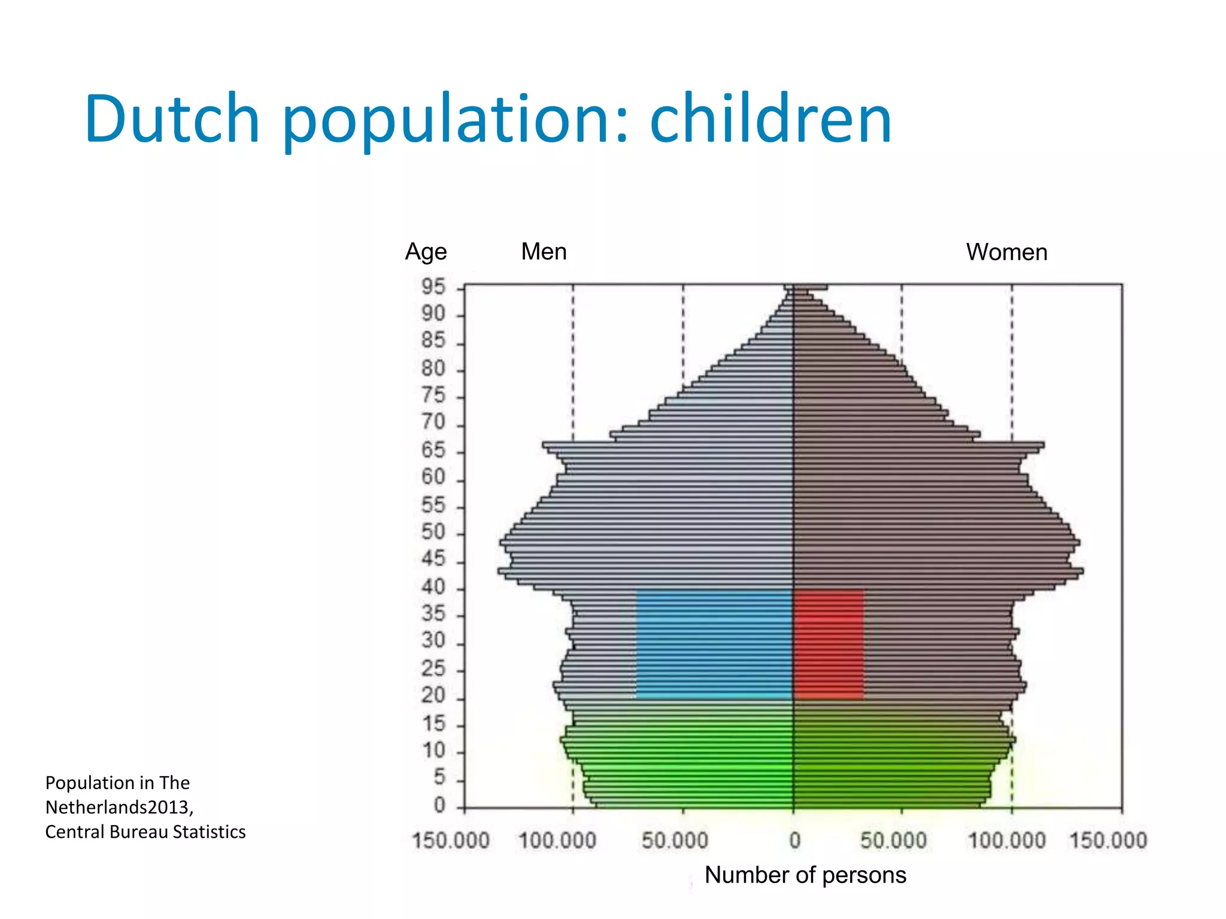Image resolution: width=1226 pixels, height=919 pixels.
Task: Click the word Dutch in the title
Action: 172,119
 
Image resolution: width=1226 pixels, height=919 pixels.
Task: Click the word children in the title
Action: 770,119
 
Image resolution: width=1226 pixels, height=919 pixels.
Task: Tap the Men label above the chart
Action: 544,251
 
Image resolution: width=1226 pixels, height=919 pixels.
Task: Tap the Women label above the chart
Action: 1006,252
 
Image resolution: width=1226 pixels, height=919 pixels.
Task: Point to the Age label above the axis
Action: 426,252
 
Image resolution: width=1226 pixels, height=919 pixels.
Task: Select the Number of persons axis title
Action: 805,875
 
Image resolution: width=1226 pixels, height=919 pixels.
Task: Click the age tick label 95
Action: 433,287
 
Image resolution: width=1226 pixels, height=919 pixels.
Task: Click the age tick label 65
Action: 433,450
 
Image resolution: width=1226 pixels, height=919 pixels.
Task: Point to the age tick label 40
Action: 433,587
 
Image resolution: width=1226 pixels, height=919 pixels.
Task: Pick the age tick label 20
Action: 433,696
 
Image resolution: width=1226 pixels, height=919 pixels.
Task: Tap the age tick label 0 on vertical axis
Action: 439,805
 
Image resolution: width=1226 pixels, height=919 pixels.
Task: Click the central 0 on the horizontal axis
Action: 794,841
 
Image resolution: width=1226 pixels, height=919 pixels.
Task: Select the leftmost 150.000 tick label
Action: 451,841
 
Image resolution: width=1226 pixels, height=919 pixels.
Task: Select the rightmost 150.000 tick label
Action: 1108,841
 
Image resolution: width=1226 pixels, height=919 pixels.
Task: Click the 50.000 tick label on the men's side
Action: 675,841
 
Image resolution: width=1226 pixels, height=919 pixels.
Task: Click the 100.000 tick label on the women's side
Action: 1007,841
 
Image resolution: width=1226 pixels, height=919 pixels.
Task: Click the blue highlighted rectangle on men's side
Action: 714,644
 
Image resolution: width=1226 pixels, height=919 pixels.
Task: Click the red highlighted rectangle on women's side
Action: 829,644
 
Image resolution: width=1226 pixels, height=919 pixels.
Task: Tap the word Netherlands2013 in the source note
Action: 119,807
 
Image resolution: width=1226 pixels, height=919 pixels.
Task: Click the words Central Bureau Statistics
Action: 145,832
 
